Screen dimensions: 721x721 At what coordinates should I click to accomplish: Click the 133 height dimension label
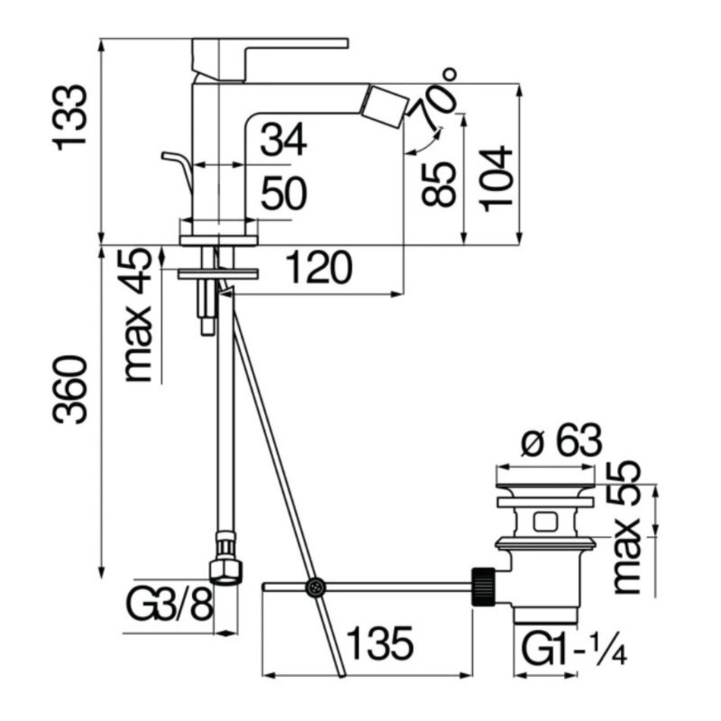71,117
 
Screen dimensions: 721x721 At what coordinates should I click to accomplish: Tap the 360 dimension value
69,389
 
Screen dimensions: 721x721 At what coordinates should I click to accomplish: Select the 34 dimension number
283,140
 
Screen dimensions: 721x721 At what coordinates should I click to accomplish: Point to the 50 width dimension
283,194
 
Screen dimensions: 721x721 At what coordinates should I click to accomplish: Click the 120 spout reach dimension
319,267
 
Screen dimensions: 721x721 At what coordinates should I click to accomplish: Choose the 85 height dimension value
438,184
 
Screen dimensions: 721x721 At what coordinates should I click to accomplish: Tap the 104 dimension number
496,178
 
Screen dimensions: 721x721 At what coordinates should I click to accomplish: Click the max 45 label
137,316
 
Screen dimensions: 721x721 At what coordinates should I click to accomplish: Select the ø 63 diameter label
561,440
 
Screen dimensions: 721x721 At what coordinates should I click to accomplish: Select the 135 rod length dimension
379,644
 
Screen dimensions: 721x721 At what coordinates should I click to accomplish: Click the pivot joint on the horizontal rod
316,587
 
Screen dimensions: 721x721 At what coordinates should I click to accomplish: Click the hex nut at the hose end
225,571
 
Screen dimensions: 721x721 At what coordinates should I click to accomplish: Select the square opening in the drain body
545,522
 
